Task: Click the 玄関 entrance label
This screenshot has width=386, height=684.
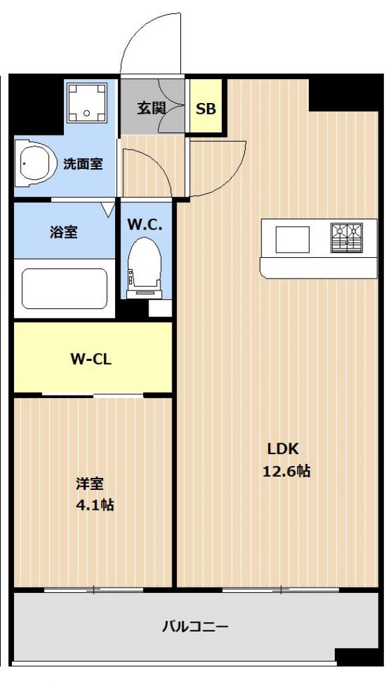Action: (x=152, y=108)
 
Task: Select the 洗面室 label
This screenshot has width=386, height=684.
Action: (x=83, y=164)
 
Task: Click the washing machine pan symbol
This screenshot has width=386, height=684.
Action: (x=87, y=103)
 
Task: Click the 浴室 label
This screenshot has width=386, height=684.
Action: (x=64, y=232)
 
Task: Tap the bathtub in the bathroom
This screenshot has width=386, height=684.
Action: (x=65, y=288)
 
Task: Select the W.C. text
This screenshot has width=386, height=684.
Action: (x=145, y=225)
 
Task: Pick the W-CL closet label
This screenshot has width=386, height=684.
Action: (x=91, y=359)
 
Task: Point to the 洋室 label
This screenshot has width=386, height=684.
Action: (x=90, y=483)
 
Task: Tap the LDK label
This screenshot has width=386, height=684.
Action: (x=283, y=449)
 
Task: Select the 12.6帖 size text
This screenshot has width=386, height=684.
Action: (x=286, y=471)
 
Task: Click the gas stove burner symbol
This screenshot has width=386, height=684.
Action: (x=347, y=238)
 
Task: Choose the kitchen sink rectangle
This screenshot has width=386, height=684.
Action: (x=292, y=239)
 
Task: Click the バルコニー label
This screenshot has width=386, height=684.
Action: (x=195, y=627)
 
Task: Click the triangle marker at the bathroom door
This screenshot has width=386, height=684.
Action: (x=107, y=209)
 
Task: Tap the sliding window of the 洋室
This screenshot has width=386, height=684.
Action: (x=93, y=590)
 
